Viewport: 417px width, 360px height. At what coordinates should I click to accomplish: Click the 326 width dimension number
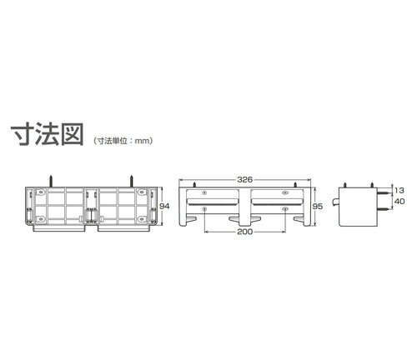(x=244, y=180)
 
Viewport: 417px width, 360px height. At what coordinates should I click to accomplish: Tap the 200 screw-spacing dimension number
(x=244, y=232)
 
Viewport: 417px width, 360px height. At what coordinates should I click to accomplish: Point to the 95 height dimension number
(x=318, y=207)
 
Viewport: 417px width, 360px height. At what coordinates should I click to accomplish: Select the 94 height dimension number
(x=164, y=206)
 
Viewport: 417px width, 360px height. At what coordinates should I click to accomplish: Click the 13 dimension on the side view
(x=399, y=191)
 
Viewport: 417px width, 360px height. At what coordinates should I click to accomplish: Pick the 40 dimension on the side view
(x=399, y=202)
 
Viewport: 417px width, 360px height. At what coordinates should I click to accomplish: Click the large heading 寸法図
(x=48, y=134)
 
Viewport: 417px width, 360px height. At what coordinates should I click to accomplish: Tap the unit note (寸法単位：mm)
(x=123, y=141)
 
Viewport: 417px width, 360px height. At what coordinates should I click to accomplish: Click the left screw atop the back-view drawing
(x=51, y=181)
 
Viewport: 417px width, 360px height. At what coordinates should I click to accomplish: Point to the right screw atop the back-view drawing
(x=132, y=181)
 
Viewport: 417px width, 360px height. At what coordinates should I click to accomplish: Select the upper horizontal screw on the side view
(x=383, y=192)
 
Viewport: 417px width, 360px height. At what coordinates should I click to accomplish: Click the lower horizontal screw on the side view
(x=383, y=210)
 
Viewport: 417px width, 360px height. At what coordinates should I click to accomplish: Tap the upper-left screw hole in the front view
(x=204, y=192)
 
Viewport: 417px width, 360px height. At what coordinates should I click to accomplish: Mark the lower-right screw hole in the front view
(x=285, y=208)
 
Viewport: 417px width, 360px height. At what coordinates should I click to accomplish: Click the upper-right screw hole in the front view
(x=285, y=192)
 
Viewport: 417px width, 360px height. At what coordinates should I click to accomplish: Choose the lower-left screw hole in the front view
(x=204, y=208)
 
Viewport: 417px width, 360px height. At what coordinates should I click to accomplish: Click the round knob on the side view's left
(x=335, y=202)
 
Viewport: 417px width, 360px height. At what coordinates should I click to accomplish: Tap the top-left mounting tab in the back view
(x=41, y=192)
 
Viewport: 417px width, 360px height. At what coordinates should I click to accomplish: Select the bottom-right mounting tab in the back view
(x=142, y=219)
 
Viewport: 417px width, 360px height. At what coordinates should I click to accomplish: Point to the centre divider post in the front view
(x=244, y=207)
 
